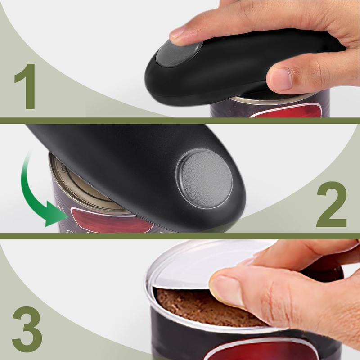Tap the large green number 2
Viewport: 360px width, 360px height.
tap(332, 205)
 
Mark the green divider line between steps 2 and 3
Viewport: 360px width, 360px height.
tap(180, 236)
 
